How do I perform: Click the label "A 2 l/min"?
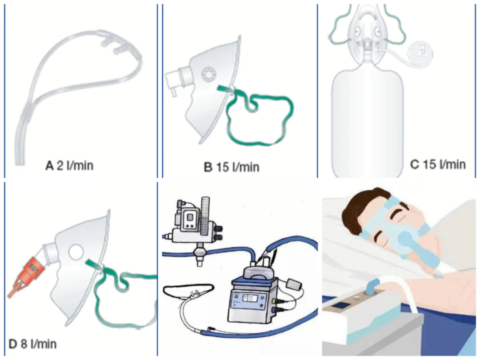(69, 166)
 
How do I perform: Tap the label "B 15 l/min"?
(232, 167)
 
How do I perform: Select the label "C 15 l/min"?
(438, 164)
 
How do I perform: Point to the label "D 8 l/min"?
(32, 344)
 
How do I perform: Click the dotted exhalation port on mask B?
(209, 74)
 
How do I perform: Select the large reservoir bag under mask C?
(368, 120)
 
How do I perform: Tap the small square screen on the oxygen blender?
(190, 218)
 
